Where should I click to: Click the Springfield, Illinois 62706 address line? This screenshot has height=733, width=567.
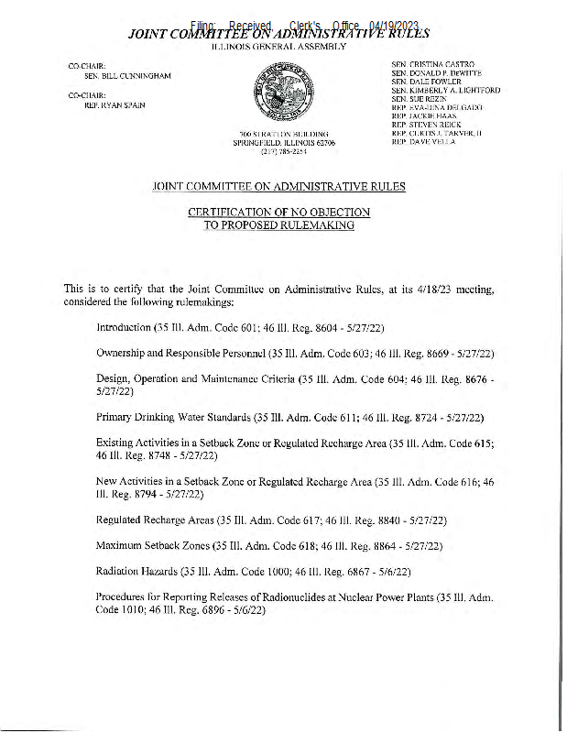coord(284,144)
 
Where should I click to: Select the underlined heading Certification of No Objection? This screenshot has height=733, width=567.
coord(278,212)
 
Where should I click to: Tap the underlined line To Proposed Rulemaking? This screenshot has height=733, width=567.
coord(278,224)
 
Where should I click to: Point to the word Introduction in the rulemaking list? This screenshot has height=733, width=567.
coord(125,326)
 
